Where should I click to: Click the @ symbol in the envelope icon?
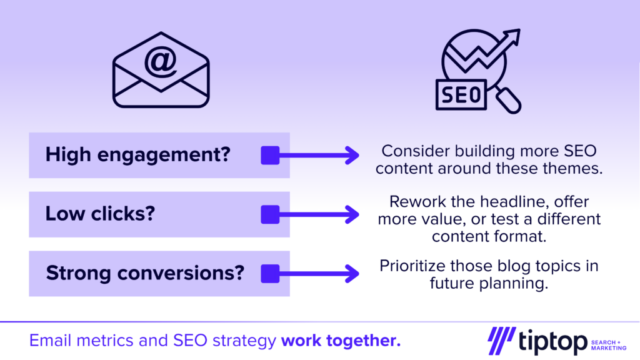point(161,62)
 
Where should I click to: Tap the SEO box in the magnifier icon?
point(461,95)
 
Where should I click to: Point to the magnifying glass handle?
point(509,101)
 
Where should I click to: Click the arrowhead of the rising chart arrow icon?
point(513,36)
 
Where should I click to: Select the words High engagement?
point(138,155)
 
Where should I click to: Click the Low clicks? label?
point(100,214)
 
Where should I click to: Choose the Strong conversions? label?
point(145,272)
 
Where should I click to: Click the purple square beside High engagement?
point(270,155)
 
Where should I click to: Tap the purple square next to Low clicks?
point(270,214)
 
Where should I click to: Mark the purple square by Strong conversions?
point(270,274)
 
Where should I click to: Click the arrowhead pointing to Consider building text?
point(352,155)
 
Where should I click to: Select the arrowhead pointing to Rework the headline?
point(352,214)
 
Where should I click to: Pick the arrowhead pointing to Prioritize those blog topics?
point(352,274)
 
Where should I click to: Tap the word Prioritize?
point(412,266)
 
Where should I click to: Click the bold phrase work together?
point(341,341)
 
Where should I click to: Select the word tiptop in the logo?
point(552,341)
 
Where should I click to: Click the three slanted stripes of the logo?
point(502,341)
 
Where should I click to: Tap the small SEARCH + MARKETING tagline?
point(609,345)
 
